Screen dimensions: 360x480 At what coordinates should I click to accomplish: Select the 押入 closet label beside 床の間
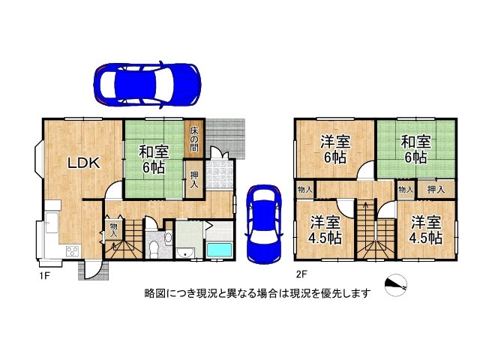193,180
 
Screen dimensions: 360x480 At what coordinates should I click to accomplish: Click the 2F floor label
301,274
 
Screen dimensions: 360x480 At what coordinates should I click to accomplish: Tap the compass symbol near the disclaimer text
394,285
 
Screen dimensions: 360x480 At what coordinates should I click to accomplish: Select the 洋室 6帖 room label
334,149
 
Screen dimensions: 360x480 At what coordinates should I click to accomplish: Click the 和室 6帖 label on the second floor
413,149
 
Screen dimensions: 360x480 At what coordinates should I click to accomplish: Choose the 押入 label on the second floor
436,190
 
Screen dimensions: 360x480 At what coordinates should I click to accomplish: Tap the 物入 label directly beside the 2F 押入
405,190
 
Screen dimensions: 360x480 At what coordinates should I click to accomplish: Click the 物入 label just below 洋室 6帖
304,190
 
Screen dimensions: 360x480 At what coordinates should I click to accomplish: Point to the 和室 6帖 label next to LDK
154,158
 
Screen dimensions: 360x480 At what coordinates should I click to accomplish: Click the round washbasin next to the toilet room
166,238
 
